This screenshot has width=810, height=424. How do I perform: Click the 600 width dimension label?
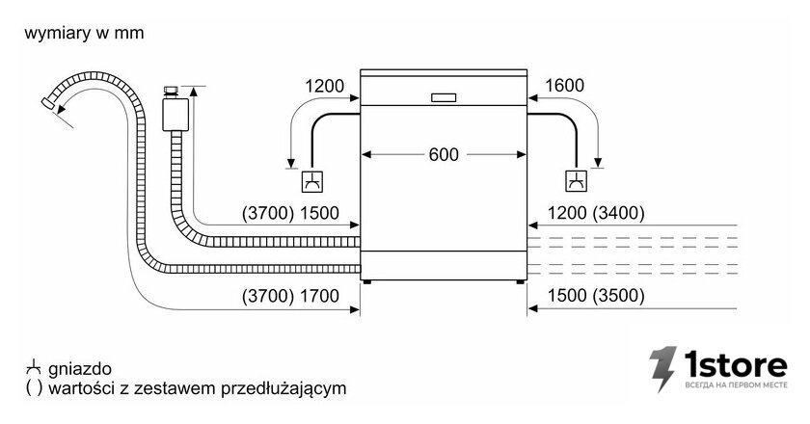point(444,154)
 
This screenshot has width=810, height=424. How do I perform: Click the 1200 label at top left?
point(324,86)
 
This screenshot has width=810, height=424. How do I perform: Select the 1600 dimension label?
point(565,85)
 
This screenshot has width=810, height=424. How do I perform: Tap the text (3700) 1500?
point(290,213)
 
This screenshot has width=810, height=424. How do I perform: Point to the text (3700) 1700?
point(290,296)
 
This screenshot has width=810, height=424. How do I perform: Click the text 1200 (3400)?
point(596,213)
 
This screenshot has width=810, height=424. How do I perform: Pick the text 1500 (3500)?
point(596,296)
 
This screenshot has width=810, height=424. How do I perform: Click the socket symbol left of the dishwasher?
point(312,181)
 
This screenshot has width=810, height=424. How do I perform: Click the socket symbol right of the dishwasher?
point(577,181)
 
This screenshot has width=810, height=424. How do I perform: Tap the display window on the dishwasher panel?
point(444,97)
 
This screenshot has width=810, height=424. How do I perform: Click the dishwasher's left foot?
point(366,282)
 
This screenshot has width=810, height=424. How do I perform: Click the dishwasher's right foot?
point(520,282)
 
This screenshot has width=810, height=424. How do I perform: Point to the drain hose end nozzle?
point(49,103)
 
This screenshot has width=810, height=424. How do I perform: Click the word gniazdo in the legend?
point(79,369)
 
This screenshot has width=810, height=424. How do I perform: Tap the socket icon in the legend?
point(34,368)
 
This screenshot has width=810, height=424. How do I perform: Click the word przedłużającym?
point(283,388)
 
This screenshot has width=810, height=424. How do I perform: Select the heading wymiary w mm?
point(84,33)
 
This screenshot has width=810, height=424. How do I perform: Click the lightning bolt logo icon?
point(662,369)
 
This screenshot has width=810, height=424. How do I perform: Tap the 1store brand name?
point(736,364)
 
